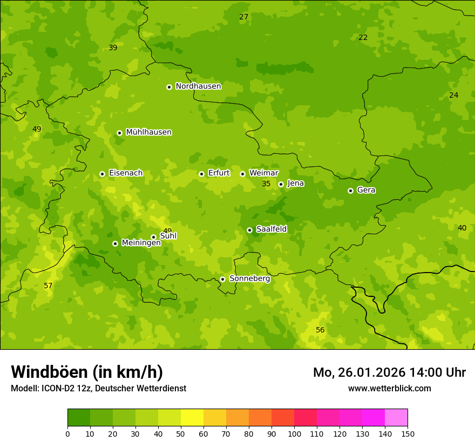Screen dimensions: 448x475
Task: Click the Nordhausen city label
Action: click(198, 86)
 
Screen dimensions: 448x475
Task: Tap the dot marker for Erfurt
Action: click(201, 174)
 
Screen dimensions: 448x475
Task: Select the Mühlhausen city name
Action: click(148, 132)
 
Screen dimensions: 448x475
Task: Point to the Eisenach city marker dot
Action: click(102, 174)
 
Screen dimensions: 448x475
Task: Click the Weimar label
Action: click(263, 173)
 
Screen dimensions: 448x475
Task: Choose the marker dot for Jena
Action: click(281, 184)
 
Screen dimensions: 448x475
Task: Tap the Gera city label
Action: click(366, 190)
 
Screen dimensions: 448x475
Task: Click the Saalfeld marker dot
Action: click(249, 230)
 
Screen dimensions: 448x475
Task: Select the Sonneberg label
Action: click(249, 279)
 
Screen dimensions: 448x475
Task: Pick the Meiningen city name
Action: click(141, 243)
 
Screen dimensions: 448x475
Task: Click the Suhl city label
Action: click(168, 236)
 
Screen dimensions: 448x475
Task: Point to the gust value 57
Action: click(48, 286)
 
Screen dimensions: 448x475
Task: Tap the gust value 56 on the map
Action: click(320, 330)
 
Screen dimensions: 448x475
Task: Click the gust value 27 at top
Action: click(244, 17)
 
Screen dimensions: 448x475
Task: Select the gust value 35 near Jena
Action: click(266, 184)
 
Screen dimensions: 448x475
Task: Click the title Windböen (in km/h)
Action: click(87, 372)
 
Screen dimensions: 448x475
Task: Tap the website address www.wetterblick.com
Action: click(389, 388)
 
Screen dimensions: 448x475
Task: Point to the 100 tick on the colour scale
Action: click(294, 433)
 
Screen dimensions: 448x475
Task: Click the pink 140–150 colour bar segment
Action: click(396, 417)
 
